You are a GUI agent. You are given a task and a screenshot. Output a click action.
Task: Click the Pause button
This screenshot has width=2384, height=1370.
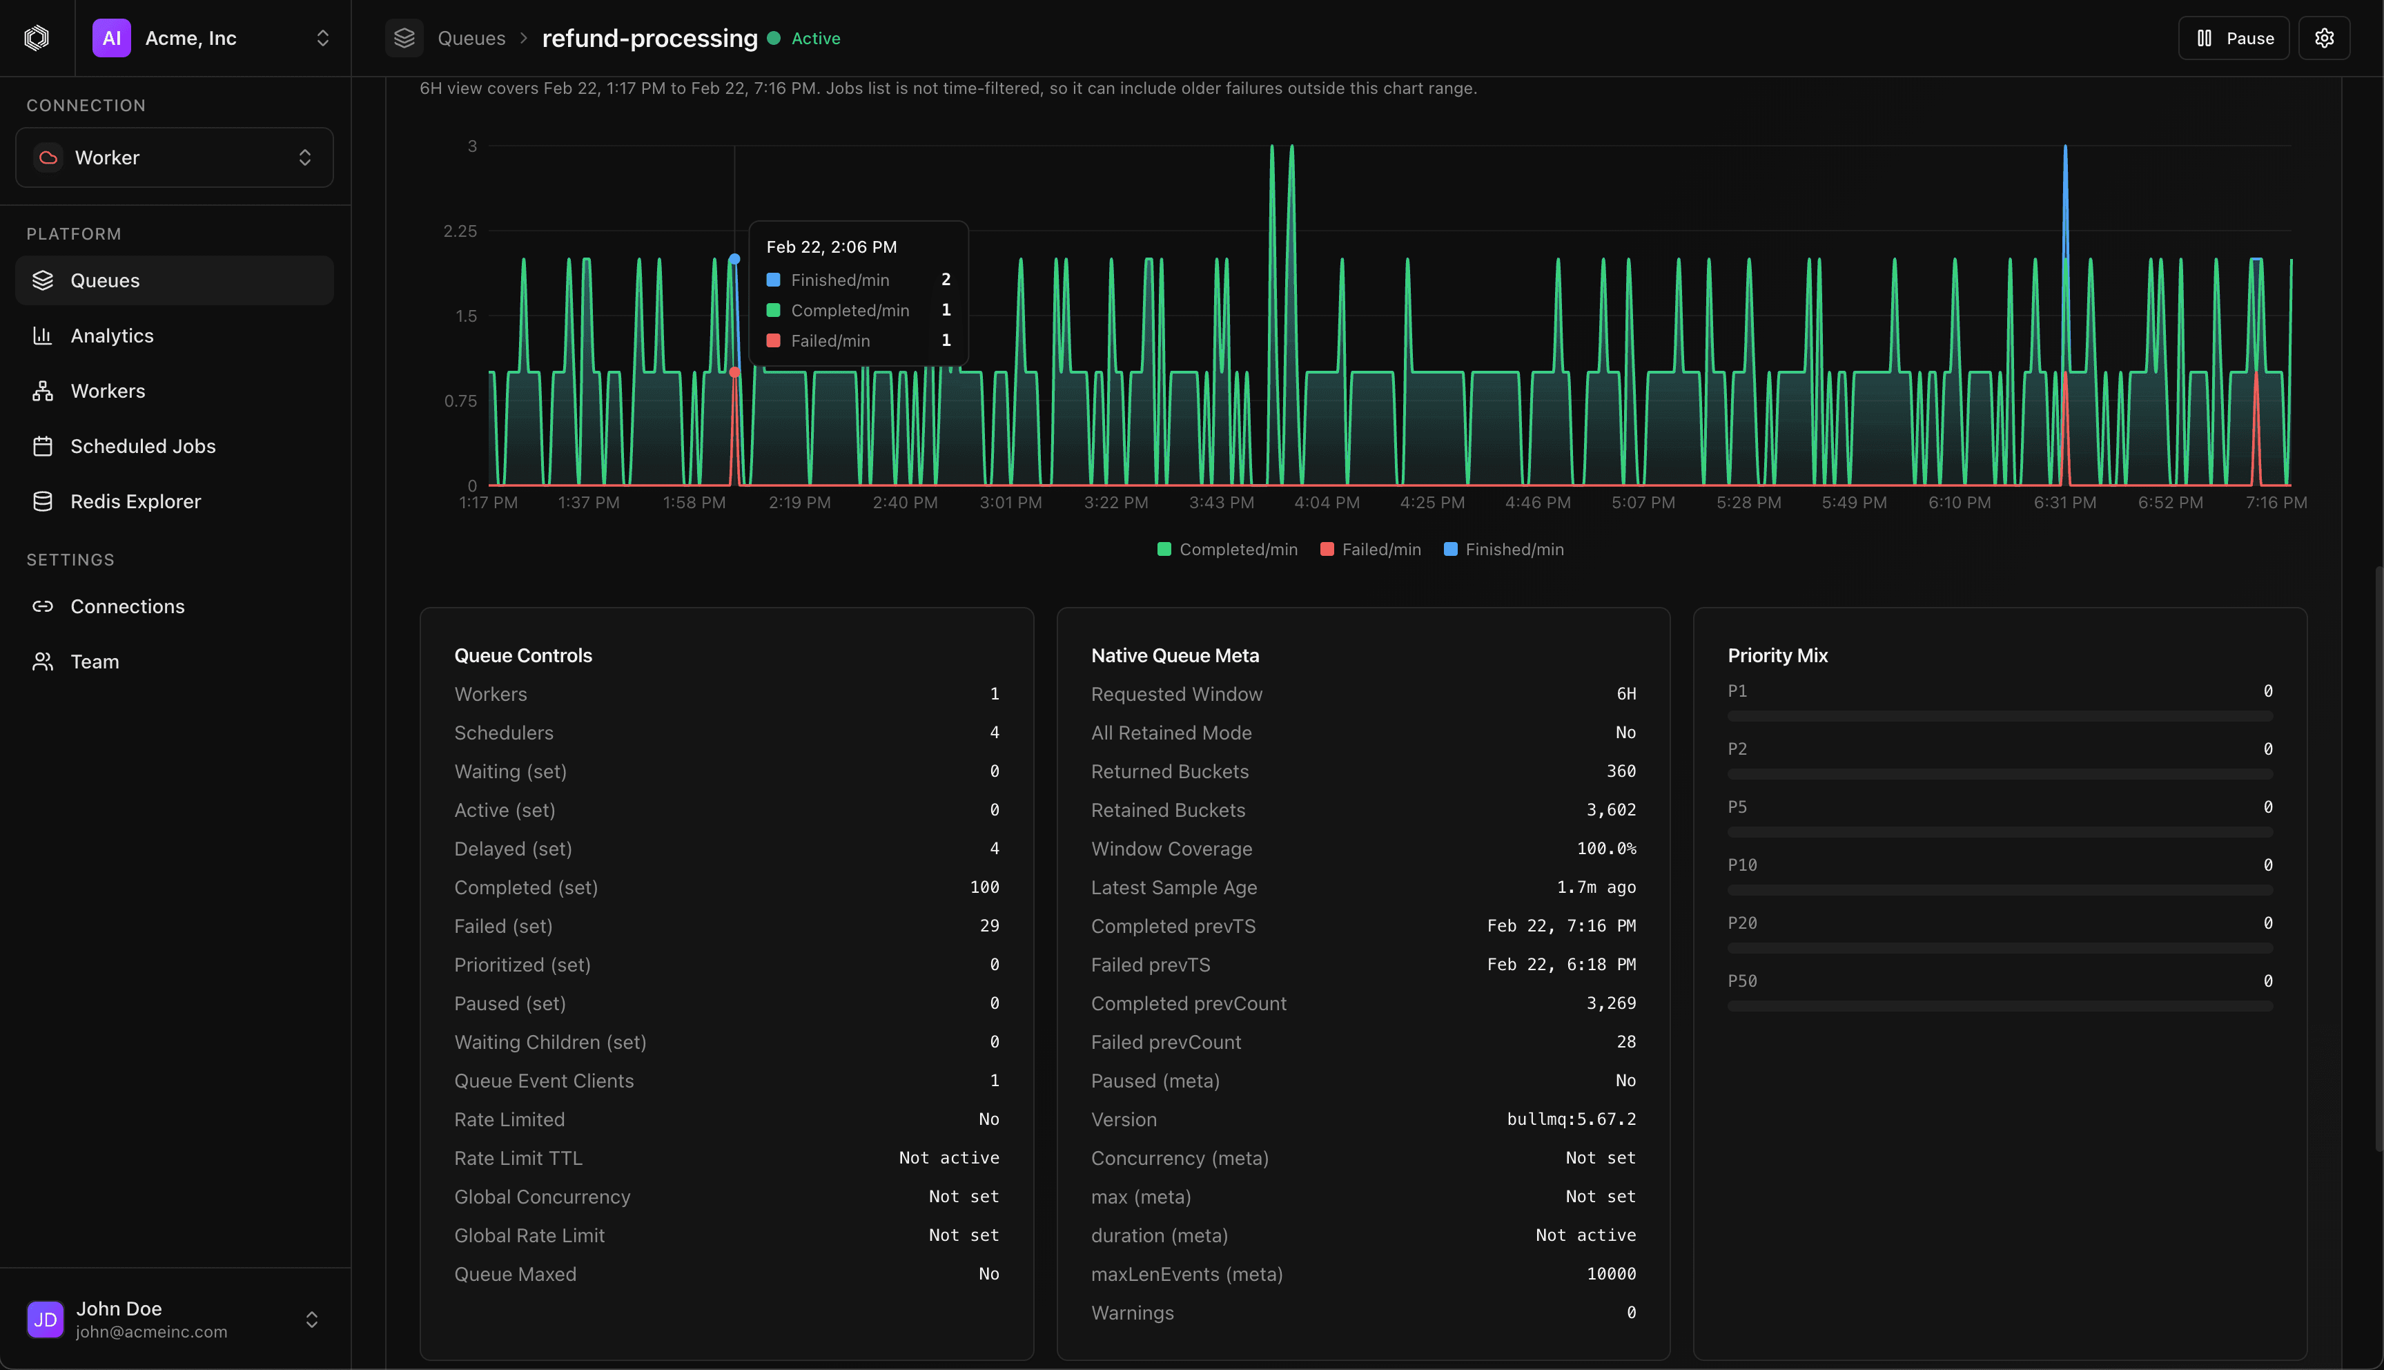point(2234,39)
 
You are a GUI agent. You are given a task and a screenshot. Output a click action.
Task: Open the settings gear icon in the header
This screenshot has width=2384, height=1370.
point(2324,39)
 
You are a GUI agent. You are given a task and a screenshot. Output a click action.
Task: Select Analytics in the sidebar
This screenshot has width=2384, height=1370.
point(112,336)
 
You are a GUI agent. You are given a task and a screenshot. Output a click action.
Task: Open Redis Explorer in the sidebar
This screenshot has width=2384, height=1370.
point(135,501)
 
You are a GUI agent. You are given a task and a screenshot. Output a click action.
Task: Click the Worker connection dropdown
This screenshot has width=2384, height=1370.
point(174,158)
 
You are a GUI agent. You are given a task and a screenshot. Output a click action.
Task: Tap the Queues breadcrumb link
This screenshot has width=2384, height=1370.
point(471,39)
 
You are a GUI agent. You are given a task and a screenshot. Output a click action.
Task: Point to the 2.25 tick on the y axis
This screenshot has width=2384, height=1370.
point(460,231)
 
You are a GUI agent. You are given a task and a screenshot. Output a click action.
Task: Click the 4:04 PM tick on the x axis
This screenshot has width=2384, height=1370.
point(1326,503)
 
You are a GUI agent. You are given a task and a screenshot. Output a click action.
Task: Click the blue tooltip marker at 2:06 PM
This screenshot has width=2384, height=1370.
point(734,260)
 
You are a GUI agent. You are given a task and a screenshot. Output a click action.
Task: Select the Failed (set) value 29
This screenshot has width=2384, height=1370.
point(989,926)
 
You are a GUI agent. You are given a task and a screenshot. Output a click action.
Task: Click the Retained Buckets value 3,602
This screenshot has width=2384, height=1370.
point(1611,810)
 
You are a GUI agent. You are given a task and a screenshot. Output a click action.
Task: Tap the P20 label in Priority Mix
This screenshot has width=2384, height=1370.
point(1741,923)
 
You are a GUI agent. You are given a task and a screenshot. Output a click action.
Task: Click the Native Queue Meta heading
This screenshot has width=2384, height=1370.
point(1175,656)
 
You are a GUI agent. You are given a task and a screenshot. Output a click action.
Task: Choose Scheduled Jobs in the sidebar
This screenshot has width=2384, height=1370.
point(143,447)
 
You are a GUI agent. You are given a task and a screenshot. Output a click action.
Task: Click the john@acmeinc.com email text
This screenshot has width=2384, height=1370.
point(151,1331)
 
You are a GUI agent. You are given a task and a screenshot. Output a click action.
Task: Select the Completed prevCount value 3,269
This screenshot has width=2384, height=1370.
point(1611,1003)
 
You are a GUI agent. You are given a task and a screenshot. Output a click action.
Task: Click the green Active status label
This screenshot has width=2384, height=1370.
point(815,39)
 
